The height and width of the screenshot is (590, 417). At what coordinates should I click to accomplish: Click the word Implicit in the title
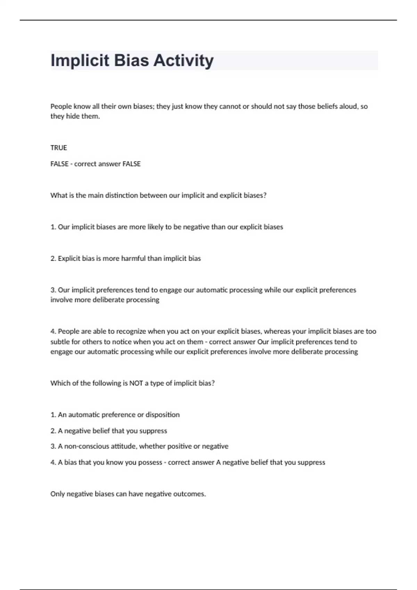pos(80,61)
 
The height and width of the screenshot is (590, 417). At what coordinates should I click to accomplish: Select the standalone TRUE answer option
pos(59,148)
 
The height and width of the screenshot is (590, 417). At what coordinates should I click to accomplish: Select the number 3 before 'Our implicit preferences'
pos(53,290)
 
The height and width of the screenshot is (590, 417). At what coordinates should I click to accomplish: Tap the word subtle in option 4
pos(60,342)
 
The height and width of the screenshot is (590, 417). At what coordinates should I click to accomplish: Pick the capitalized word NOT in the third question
pos(136,383)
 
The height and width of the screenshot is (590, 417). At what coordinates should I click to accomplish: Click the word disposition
pos(162,415)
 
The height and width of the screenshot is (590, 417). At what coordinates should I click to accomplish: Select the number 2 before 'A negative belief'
pos(53,431)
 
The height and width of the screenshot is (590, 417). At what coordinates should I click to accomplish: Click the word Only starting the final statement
pos(57,494)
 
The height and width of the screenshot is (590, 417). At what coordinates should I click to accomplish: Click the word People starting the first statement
pos(61,106)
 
